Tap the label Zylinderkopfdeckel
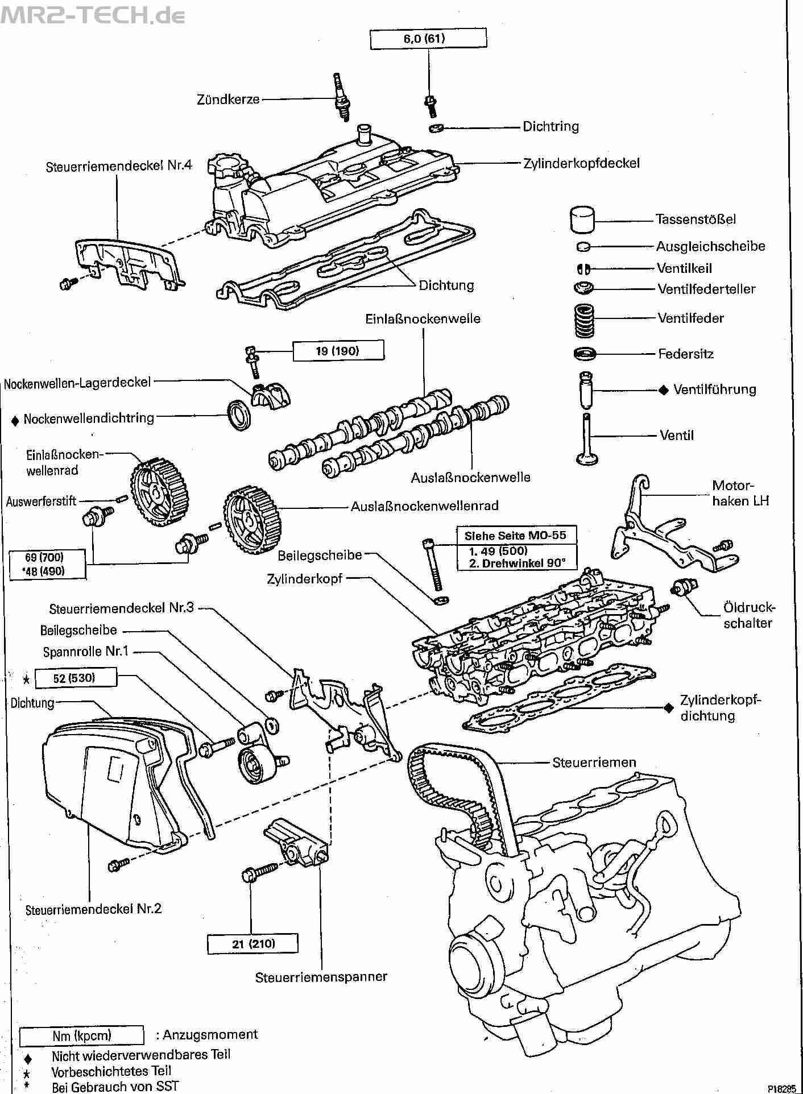[582, 164]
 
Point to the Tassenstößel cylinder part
[582, 219]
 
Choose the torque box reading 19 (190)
[338, 351]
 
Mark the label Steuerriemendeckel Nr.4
[119, 165]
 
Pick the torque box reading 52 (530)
[76, 678]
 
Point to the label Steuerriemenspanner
[321, 977]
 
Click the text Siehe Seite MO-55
[515, 536]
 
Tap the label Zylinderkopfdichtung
[720, 707]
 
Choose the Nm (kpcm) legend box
[82, 1035]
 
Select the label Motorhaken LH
[740, 493]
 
